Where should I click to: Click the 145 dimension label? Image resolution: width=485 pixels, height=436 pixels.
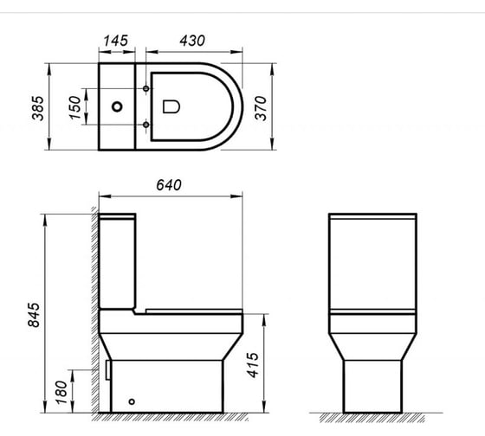116,41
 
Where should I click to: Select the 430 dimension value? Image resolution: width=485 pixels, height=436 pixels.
192,41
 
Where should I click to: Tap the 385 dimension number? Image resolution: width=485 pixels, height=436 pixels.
38,108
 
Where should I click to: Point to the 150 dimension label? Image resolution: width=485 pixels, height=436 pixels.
75,107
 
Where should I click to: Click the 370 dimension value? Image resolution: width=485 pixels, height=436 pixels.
261,108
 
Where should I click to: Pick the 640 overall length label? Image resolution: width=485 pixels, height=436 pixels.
169,185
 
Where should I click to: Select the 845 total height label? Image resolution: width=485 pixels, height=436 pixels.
34,315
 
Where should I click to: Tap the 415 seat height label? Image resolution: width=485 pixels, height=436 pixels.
253,364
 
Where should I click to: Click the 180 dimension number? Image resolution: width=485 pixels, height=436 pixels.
61,393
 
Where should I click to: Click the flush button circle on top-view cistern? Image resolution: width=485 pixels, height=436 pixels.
117,107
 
